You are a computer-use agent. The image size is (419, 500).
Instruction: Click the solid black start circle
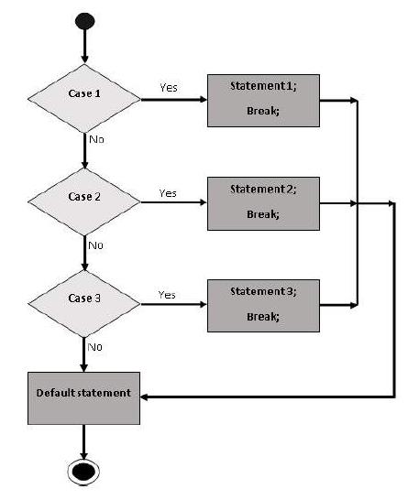click(84, 21)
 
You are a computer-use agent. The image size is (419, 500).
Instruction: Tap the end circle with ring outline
click(83, 472)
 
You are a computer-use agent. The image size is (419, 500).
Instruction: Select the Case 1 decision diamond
click(84, 98)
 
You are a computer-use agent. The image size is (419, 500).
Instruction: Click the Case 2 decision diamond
click(84, 201)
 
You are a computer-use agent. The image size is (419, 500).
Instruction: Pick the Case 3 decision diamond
click(84, 304)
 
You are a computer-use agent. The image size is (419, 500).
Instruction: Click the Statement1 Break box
click(263, 101)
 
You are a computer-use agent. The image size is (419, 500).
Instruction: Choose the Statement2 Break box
click(263, 203)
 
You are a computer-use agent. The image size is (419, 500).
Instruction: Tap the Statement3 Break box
click(263, 306)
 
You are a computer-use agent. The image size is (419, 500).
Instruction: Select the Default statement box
click(83, 398)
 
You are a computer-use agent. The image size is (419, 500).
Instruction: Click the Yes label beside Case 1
click(169, 87)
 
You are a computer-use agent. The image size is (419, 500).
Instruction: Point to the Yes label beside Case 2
click(168, 193)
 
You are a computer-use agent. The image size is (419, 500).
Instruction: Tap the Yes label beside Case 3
click(167, 295)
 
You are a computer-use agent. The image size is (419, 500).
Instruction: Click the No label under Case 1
click(96, 139)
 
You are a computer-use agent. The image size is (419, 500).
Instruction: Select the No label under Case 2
click(95, 245)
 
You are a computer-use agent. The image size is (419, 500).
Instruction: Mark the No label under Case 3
click(94, 347)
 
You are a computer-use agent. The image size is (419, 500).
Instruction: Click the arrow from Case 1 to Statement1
click(174, 100)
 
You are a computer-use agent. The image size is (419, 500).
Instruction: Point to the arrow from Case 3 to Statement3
click(174, 305)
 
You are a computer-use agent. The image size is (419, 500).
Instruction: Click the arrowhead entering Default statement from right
click(144, 397)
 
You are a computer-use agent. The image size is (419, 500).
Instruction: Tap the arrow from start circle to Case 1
click(84, 46)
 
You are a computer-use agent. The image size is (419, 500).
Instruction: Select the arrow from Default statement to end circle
click(83, 442)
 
